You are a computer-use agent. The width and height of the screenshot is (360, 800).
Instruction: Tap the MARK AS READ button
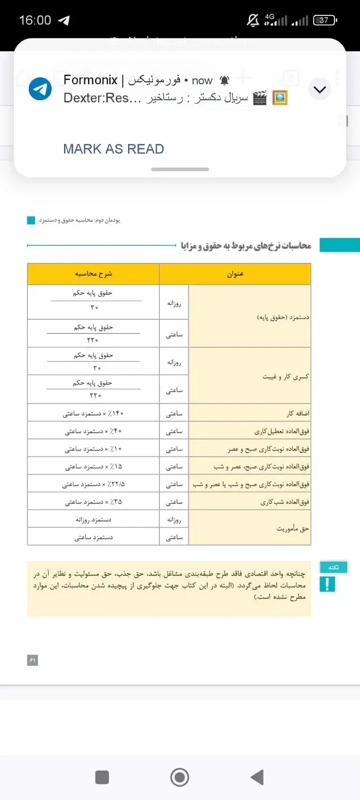(113, 149)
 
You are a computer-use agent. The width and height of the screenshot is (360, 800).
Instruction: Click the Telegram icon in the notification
(40, 89)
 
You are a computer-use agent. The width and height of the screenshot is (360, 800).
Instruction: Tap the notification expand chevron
(320, 89)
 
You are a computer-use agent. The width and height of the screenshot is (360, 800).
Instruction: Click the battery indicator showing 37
(324, 21)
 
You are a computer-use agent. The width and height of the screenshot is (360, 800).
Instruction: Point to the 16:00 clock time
(35, 20)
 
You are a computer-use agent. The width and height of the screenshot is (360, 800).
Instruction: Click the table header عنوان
(235, 274)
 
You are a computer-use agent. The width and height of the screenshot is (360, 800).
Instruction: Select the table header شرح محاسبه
(93, 274)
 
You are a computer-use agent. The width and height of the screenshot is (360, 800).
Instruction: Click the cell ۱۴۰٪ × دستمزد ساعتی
(93, 413)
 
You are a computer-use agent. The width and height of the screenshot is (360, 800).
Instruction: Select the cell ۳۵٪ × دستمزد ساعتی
(93, 502)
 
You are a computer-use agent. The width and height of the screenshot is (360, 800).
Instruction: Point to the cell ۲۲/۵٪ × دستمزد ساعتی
(93, 484)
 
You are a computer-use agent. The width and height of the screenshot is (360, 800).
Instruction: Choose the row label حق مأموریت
(293, 529)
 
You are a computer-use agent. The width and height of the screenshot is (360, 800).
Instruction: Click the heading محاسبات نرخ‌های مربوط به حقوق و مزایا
(246, 245)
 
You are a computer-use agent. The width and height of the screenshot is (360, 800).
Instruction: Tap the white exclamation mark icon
(327, 585)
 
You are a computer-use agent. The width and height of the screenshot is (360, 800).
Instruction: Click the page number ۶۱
(33, 660)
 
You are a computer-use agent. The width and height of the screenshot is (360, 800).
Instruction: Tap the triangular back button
(257, 778)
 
